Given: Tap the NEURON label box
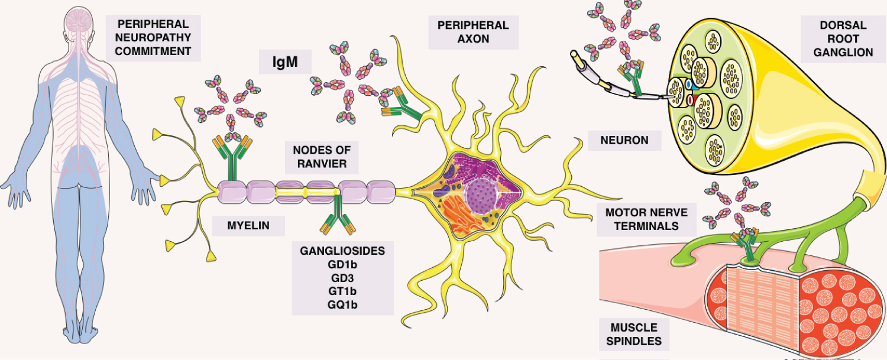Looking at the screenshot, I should coord(624,140).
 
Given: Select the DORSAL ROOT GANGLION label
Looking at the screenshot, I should coord(843,39).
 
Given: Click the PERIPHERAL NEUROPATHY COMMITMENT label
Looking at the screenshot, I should coord(153,37).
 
